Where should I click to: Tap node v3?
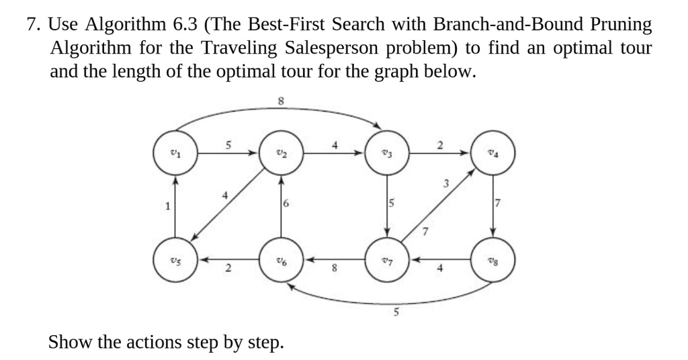point(388,152)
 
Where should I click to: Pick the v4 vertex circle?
point(494,152)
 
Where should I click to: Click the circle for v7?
point(388,259)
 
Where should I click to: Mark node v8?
point(494,259)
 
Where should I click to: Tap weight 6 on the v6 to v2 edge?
point(287,206)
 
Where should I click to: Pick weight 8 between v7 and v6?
point(334,271)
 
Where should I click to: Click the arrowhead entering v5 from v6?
point(201,259)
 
